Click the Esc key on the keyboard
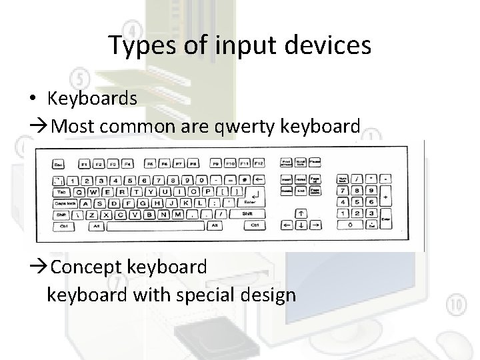click(x=59, y=163)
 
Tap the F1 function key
click(x=84, y=163)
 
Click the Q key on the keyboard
click(x=79, y=191)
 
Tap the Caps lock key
click(x=65, y=203)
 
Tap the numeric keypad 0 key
click(x=351, y=226)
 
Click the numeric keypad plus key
click(x=387, y=197)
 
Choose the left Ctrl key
click(x=63, y=227)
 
